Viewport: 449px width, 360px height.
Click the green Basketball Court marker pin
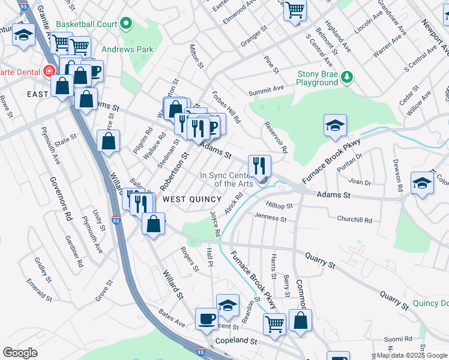pos(126,25)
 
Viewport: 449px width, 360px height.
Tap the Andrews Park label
pos(127,49)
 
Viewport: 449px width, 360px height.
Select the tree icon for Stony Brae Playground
pos(346,77)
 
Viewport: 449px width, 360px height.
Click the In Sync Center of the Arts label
pos(226,179)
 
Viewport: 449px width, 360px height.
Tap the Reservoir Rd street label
pos(276,137)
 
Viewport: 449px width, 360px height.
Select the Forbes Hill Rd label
pos(226,107)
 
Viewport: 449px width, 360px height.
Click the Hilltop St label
pos(281,205)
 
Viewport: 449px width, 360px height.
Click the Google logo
pos(20,352)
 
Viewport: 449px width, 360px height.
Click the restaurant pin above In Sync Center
pos(259,164)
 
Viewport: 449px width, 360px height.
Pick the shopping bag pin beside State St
pos(108,142)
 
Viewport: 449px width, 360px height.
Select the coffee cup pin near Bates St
pos(207,318)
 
